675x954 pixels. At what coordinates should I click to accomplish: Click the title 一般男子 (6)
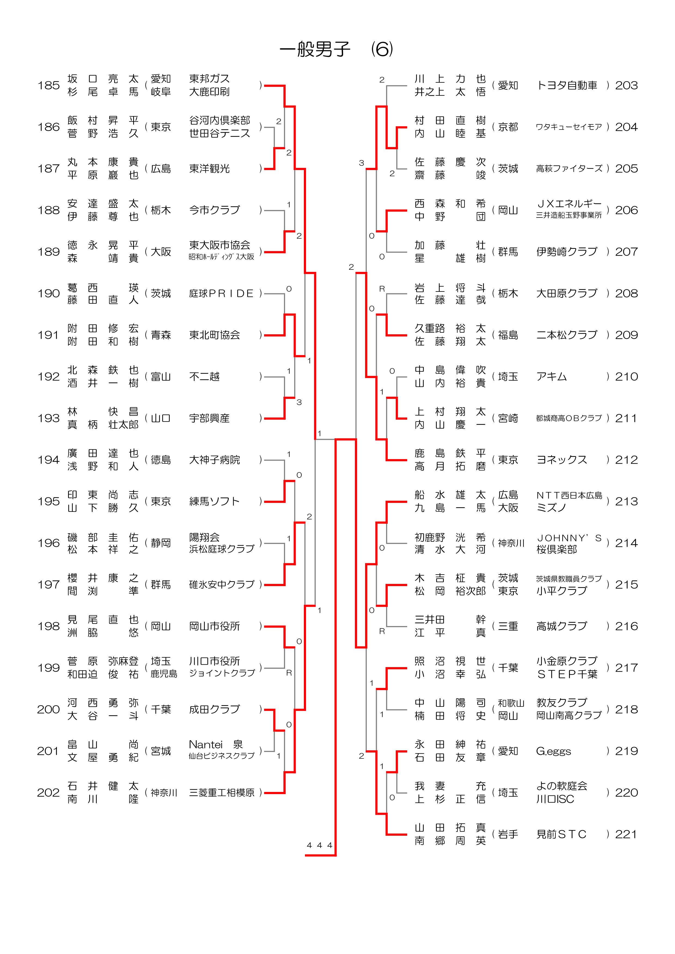(x=336, y=49)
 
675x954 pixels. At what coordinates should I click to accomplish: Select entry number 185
(x=49, y=86)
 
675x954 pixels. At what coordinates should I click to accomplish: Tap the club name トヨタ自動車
(x=567, y=86)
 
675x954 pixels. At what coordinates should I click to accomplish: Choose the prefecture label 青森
(x=161, y=335)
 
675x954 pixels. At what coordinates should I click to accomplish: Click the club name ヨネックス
(x=561, y=460)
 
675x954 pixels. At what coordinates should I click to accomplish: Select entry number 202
(x=49, y=793)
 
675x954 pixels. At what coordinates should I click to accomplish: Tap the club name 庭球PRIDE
(x=221, y=293)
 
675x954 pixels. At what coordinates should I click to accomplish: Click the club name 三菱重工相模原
(x=222, y=793)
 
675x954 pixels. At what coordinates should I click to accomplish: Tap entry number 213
(x=626, y=501)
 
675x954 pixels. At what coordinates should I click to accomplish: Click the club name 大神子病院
(x=214, y=460)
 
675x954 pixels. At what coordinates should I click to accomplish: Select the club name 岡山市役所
(x=214, y=626)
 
